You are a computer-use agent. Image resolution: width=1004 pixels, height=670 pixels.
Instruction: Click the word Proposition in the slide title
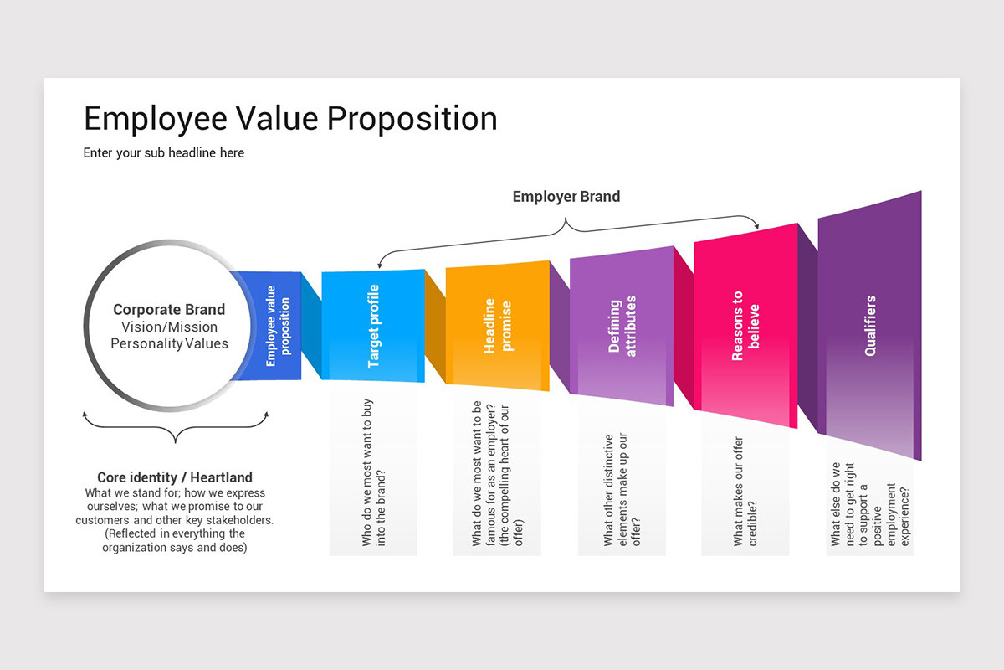[412, 118]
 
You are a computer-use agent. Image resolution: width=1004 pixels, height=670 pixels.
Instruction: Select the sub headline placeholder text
[164, 153]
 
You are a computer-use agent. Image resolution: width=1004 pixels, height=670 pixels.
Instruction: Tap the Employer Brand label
[566, 197]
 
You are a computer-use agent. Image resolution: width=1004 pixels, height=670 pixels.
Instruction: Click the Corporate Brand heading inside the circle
[169, 310]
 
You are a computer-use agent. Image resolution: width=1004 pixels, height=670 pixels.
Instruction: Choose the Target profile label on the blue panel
[373, 327]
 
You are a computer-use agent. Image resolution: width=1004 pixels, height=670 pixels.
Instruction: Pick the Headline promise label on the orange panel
[497, 327]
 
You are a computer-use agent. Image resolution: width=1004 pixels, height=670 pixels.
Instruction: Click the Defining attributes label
[622, 327]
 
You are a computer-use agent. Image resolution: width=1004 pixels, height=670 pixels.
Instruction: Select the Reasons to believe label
[745, 327]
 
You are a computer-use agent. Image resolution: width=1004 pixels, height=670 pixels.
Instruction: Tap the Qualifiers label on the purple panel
[870, 327]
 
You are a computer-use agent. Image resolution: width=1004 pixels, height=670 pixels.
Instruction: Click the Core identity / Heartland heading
[175, 478]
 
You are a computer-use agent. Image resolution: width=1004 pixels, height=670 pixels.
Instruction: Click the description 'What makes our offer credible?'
[745, 491]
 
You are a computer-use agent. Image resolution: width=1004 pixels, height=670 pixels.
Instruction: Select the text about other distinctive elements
[622, 490]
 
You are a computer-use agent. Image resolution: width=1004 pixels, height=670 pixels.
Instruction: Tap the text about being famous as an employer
[497, 474]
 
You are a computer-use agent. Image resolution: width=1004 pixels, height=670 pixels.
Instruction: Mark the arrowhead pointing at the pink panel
[758, 224]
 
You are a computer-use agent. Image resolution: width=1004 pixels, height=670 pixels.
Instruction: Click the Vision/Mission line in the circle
[169, 327]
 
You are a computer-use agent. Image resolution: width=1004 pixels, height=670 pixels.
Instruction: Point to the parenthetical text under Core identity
[174, 540]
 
